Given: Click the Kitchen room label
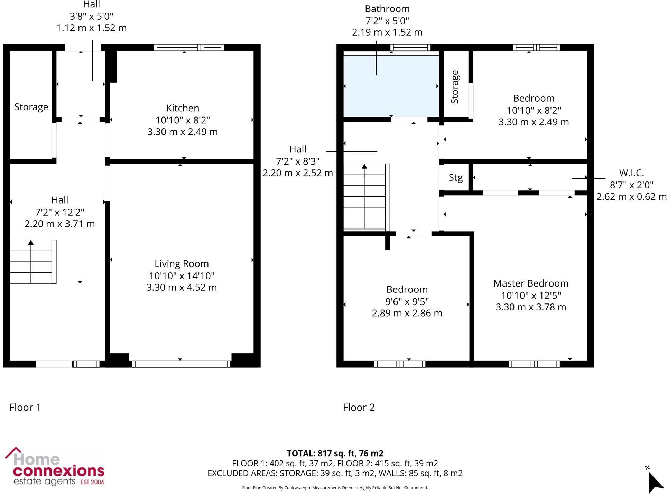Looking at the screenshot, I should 183,108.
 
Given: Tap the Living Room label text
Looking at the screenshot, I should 182,264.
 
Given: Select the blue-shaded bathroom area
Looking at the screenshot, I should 391,86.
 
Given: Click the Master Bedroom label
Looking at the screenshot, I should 531,283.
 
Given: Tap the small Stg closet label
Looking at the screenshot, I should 455,178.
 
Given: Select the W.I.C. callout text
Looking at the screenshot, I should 631,173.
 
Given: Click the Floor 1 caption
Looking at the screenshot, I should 25,408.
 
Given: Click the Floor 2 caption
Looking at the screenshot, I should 359,408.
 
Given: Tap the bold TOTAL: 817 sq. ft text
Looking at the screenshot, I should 335,453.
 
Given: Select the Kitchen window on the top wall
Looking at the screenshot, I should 189,48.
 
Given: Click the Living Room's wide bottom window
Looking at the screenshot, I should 181,364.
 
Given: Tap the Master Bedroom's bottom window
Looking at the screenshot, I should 534,364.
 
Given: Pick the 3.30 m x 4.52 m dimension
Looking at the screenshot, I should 182,288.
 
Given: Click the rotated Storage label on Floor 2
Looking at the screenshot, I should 455,87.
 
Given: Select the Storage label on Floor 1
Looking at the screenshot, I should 31,107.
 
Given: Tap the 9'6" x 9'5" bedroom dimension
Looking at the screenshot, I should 407,301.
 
